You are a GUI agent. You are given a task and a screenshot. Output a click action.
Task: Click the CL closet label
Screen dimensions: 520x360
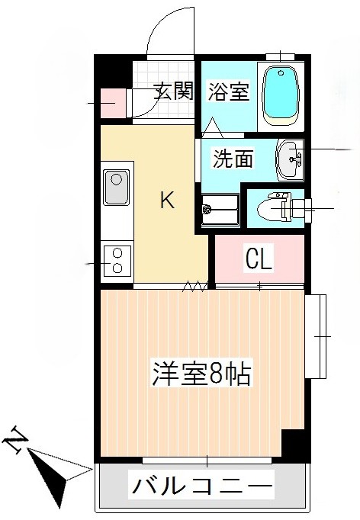[258, 260]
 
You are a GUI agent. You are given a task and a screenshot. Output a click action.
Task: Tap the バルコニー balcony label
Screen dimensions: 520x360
[203, 485]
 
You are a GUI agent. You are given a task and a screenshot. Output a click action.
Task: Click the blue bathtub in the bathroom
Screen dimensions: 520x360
[281, 95]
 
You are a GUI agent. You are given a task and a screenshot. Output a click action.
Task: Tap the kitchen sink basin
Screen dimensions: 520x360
[117, 188]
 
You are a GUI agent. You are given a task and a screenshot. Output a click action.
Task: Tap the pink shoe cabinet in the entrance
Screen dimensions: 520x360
[114, 103]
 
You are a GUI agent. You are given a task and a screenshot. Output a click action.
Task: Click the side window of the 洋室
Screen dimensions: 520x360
[317, 335]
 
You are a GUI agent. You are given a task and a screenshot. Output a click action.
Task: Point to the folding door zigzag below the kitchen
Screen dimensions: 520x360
[195, 287]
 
